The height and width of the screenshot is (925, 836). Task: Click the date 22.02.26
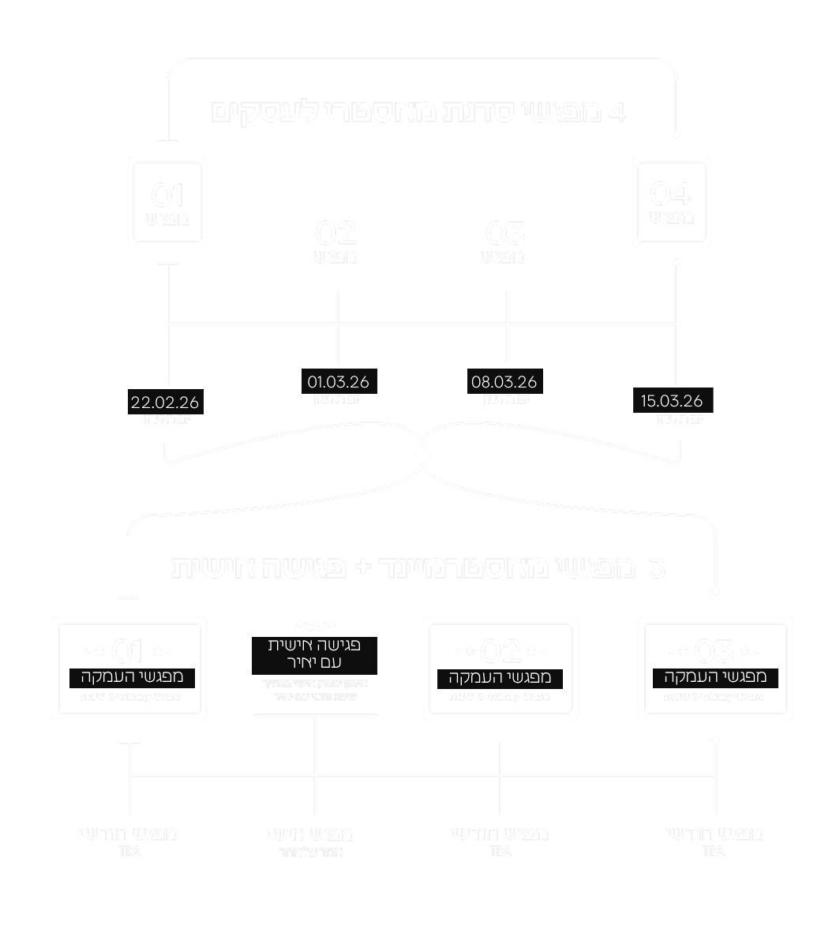pos(165,403)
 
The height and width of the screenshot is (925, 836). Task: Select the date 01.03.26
pos(338,383)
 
